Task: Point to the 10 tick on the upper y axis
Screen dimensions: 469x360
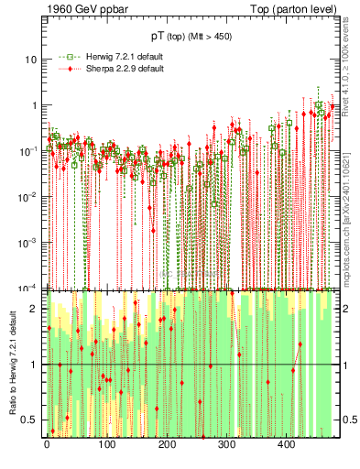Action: (33, 59)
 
